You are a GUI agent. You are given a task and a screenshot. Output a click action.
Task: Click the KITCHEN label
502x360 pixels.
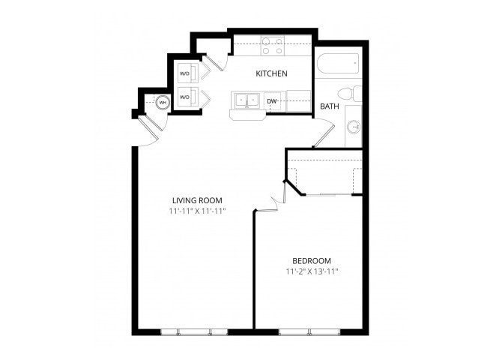272,73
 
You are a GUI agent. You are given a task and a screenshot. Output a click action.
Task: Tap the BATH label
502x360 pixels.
330,106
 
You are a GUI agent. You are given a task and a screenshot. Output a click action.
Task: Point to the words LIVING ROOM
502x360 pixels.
197,200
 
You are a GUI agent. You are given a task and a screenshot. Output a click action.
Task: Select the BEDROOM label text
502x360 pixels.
312,260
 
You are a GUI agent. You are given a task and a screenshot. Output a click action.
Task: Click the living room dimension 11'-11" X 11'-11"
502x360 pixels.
197,211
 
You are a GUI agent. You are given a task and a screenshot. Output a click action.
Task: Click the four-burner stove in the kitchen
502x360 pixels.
272,46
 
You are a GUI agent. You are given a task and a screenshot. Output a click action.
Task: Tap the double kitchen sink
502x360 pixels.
245,100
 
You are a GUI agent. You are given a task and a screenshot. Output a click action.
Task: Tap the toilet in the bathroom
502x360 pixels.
348,94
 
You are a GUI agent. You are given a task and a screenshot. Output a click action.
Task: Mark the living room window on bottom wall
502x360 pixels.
194,331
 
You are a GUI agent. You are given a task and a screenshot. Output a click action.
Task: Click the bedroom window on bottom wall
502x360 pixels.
309,331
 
